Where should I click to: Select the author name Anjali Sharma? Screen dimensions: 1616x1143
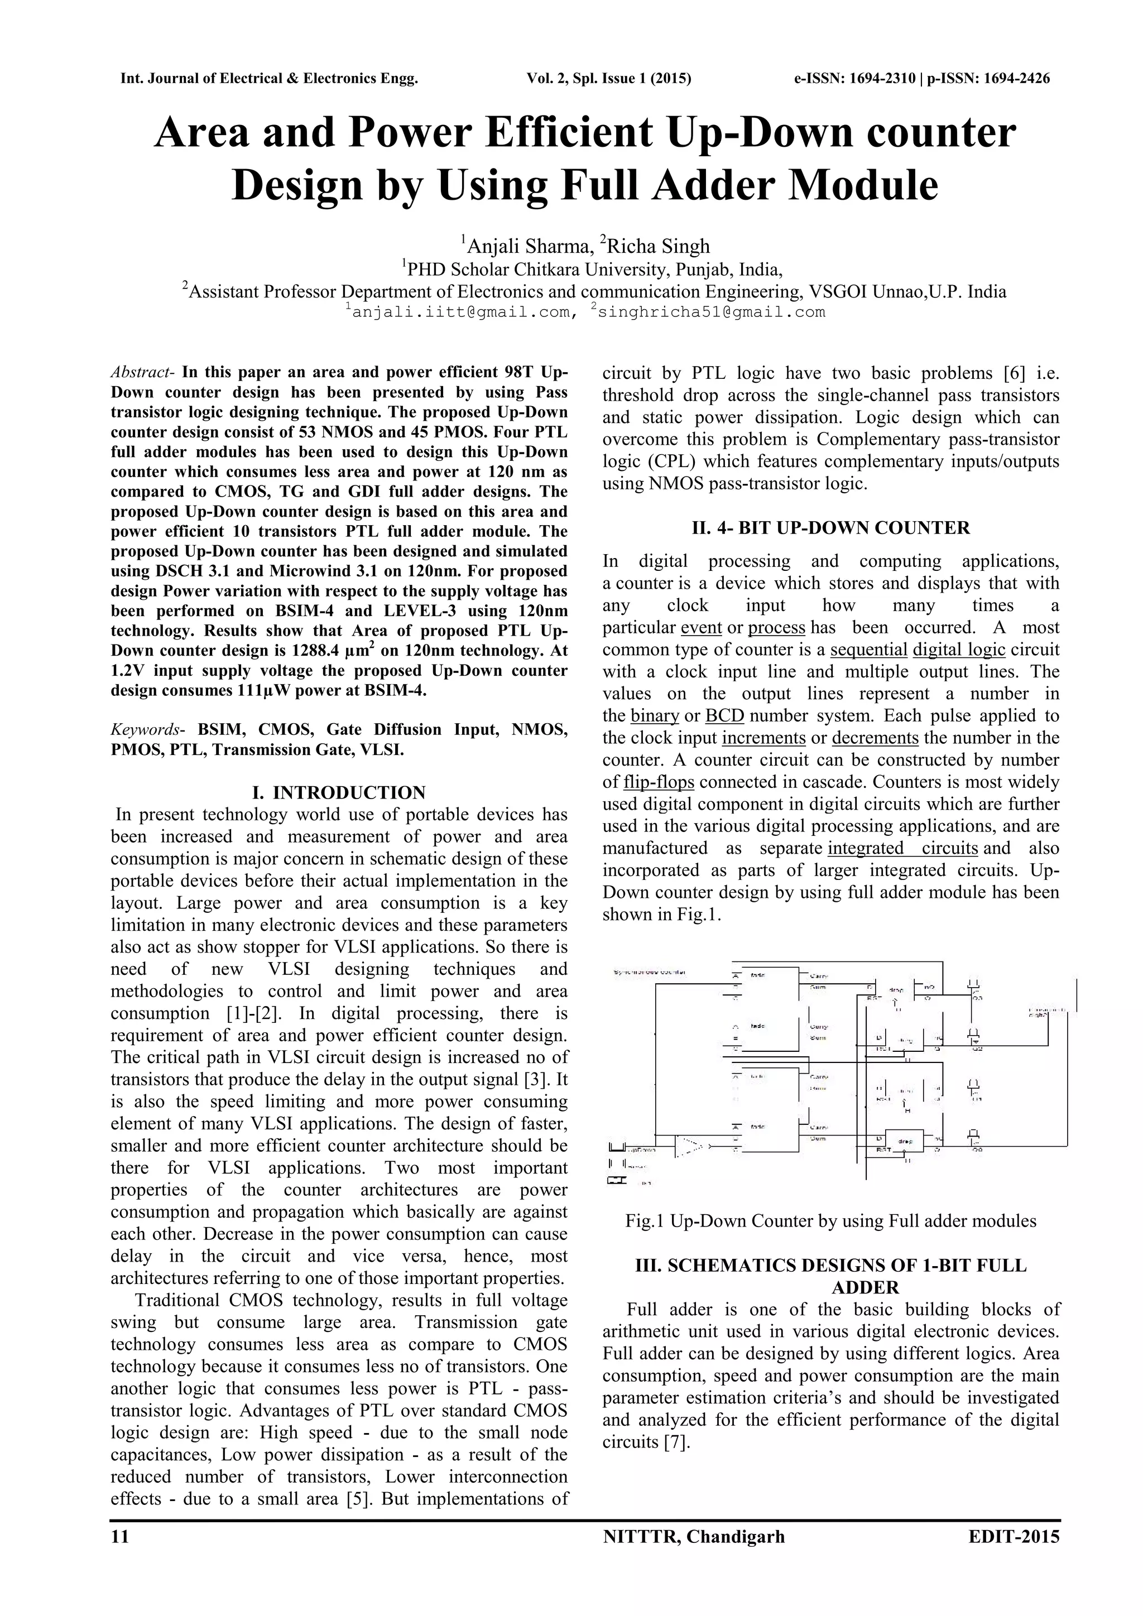tap(528, 246)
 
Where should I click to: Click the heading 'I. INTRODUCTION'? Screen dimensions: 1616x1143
tap(339, 792)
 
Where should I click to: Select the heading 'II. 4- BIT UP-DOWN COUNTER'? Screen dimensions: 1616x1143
tap(830, 527)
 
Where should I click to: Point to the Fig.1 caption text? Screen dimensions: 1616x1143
tap(830, 1221)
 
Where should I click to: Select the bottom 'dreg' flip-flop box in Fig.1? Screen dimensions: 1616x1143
tap(906, 1140)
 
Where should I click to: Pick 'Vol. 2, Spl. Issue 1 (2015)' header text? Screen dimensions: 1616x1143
tap(609, 78)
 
